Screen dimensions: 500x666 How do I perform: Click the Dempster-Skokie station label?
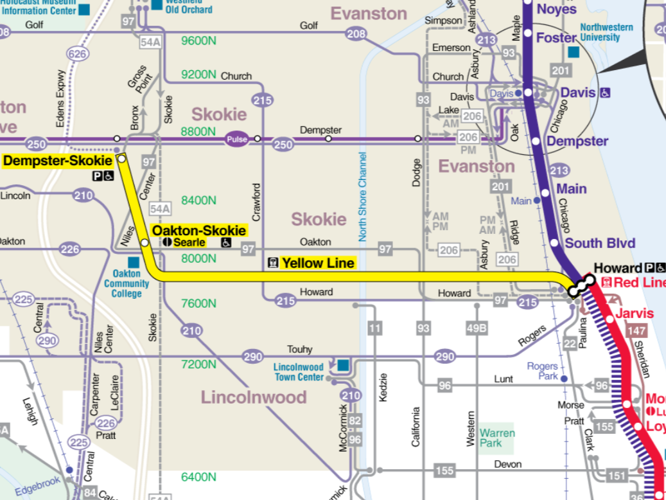[58, 161]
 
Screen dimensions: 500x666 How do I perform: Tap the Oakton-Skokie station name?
[198, 231]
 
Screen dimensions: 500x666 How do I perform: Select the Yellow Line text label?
[318, 263]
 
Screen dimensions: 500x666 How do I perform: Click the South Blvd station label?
[600, 243]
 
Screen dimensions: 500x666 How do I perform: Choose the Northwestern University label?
[606, 32]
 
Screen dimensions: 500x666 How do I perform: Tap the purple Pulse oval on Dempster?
[236, 139]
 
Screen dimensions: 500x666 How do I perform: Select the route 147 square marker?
[637, 331]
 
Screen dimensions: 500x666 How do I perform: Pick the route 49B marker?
[477, 329]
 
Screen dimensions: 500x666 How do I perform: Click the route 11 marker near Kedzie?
[375, 329]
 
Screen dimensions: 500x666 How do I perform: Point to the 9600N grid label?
[198, 41]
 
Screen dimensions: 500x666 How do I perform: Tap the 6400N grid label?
[198, 477]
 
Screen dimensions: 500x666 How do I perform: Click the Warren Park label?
[497, 438]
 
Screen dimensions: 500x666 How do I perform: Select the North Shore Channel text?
[362, 197]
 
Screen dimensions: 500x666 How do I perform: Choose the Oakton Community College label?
[127, 283]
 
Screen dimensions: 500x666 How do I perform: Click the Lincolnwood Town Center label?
[299, 371]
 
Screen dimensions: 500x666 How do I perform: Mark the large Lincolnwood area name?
[254, 397]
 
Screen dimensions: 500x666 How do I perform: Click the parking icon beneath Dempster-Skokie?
[97, 175]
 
